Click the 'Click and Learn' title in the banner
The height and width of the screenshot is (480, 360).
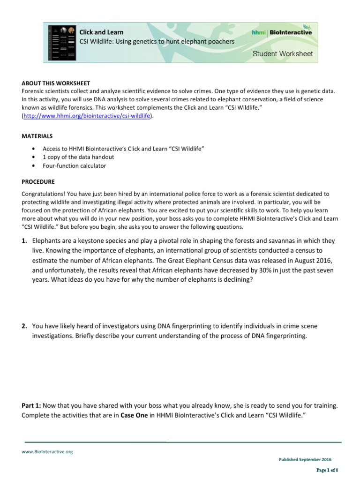pyautogui.click(x=102, y=32)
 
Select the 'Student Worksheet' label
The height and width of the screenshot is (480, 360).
pyautogui.click(x=283, y=54)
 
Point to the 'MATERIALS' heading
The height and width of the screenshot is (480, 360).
pyautogui.click(x=37, y=136)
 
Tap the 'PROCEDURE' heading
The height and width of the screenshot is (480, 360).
pyautogui.click(x=38, y=181)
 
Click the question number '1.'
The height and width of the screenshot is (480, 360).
pyautogui.click(x=24, y=240)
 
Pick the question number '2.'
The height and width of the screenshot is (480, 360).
pyautogui.click(x=24, y=326)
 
